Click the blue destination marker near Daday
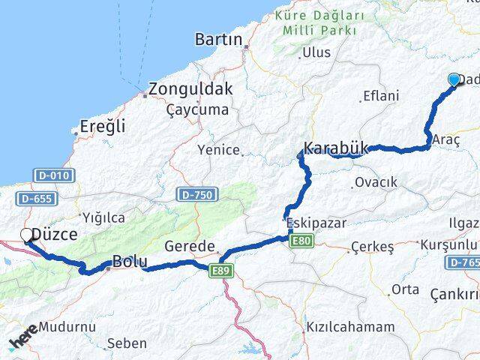point(454,80)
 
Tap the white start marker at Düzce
point(27,235)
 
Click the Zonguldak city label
point(190,88)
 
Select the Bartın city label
point(218,39)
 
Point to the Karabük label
point(335,148)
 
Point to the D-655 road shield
point(35,199)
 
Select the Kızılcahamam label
point(349,327)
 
